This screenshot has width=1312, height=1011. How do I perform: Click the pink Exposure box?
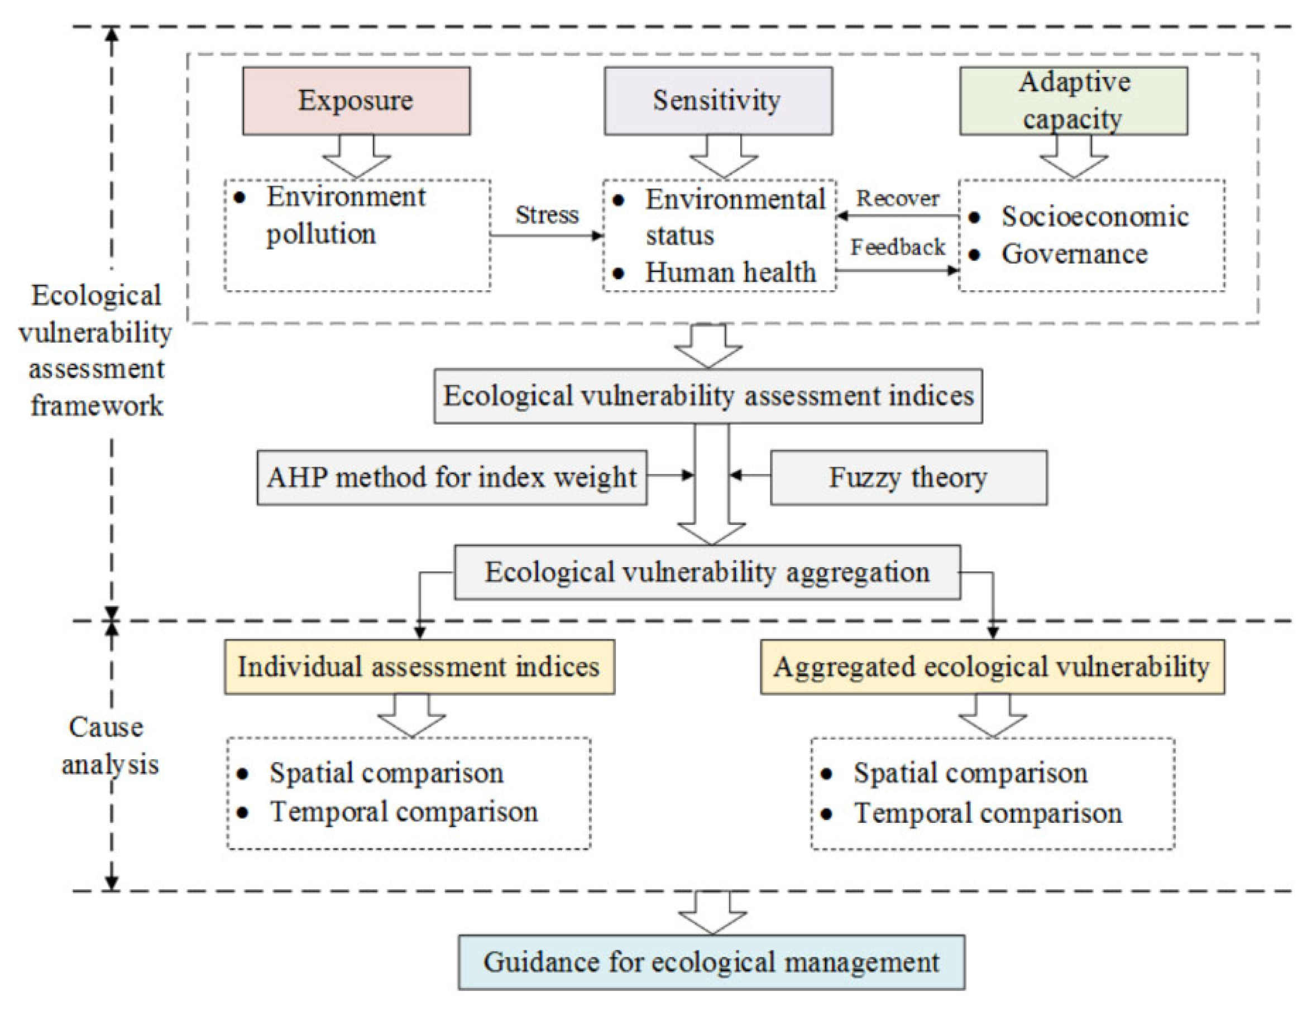click(356, 100)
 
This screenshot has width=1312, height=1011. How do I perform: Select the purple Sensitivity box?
click(718, 100)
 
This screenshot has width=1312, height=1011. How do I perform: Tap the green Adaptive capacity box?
click(1073, 100)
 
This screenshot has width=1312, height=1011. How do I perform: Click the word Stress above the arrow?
click(547, 214)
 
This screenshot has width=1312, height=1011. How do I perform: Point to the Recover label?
click(898, 198)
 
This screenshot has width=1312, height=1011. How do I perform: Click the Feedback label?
click(898, 247)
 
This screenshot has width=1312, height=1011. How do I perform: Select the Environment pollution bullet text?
click(346, 215)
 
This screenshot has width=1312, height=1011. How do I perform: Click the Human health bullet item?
click(730, 273)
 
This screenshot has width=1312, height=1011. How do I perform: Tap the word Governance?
click(1074, 254)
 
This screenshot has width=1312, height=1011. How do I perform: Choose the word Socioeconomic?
click(1094, 217)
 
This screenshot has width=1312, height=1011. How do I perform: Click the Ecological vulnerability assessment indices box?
click(708, 396)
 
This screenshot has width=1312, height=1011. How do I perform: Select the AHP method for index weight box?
click(452, 477)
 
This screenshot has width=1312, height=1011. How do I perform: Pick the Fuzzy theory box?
click(908, 477)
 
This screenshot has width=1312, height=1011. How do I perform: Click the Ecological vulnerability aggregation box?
click(707, 572)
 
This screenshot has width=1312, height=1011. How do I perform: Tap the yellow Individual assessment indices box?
click(419, 667)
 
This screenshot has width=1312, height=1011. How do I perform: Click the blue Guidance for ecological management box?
click(711, 962)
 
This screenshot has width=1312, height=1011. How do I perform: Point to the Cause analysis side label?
click(108, 745)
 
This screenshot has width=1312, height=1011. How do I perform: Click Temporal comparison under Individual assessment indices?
click(404, 812)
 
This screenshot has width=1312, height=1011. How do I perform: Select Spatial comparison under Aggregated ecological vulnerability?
click(970, 773)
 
